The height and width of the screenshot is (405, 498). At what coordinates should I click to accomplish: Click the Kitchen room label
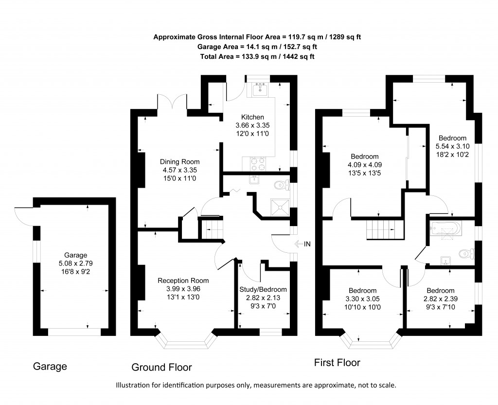(252, 117)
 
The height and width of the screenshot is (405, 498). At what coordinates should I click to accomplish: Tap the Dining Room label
(180, 162)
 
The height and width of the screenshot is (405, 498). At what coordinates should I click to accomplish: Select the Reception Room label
(183, 281)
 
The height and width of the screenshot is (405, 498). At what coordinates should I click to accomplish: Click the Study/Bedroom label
(263, 289)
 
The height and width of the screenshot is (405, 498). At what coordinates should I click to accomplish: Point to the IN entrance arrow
(302, 244)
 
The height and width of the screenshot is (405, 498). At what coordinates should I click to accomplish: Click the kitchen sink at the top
(261, 89)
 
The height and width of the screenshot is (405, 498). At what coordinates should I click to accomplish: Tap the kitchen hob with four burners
(257, 163)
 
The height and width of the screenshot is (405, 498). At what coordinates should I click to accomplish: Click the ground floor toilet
(280, 185)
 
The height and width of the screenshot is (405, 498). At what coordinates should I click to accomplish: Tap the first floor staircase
(385, 229)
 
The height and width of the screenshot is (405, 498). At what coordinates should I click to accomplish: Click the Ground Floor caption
(161, 367)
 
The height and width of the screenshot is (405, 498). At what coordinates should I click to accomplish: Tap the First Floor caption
(337, 363)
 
